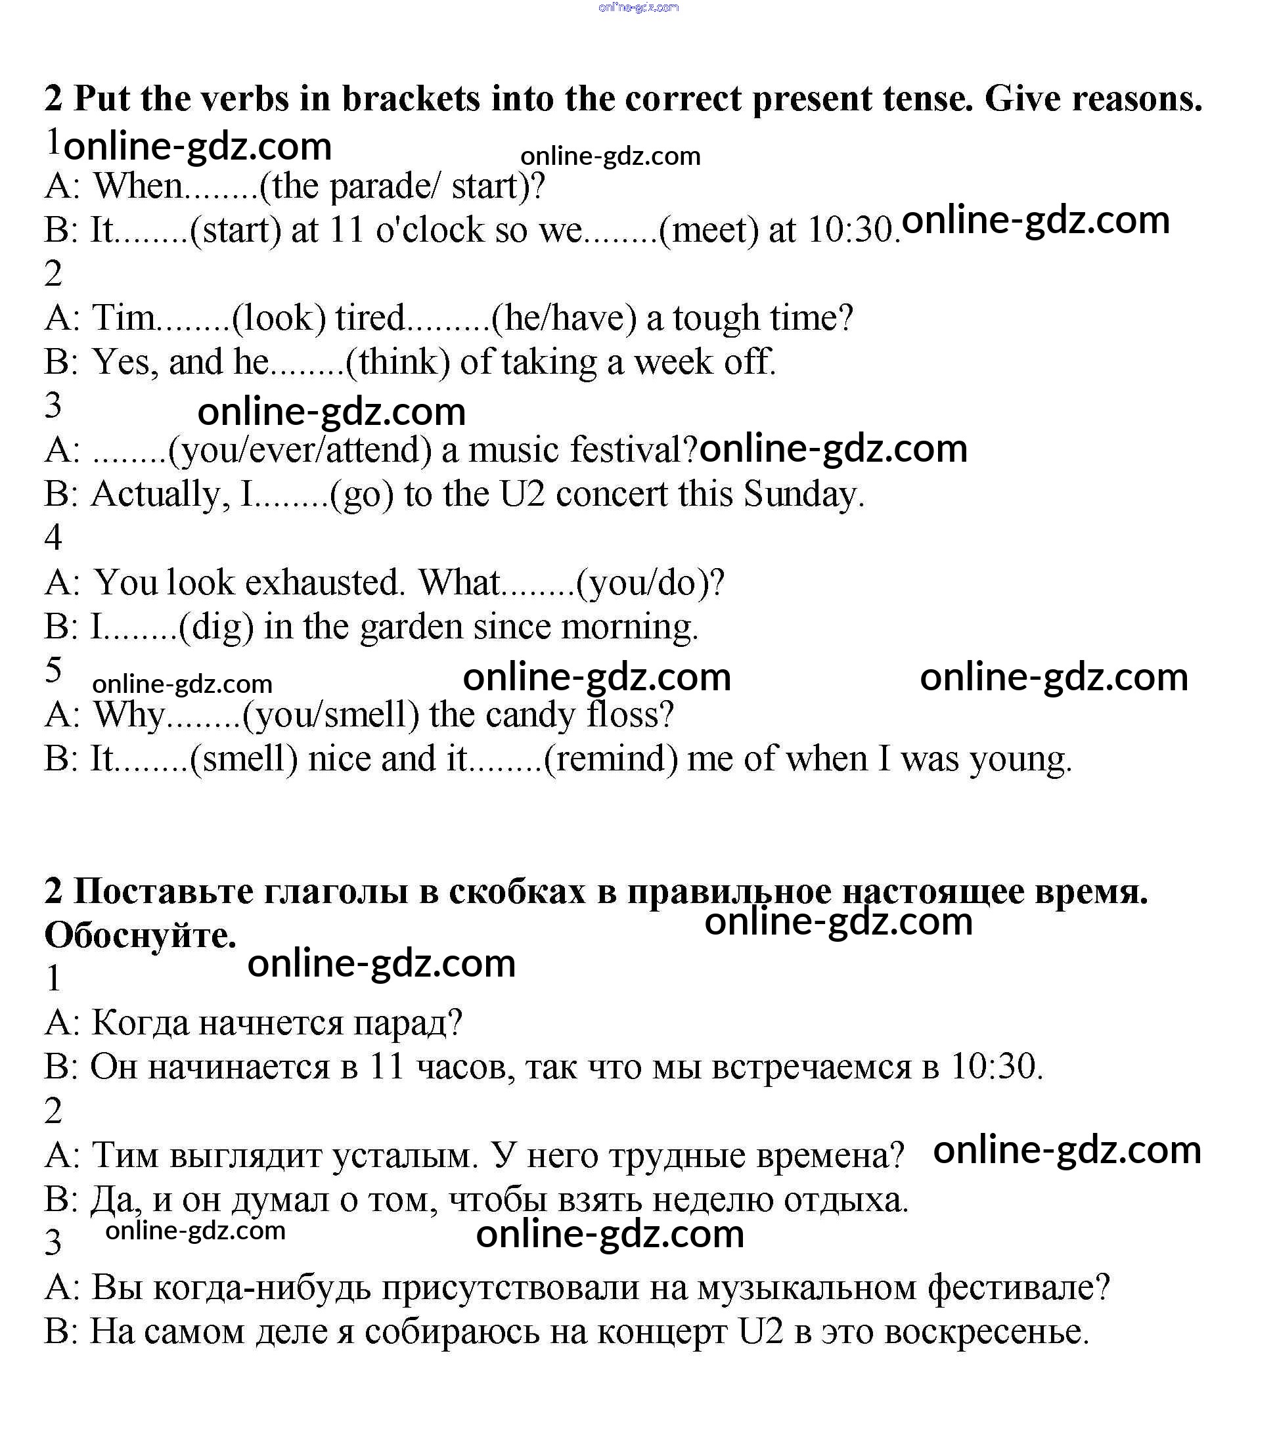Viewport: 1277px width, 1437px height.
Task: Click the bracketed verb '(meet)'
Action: (709, 230)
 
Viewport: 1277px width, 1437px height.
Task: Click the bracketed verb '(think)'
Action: (398, 362)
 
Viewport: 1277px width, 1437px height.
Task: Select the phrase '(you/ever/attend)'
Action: (300, 450)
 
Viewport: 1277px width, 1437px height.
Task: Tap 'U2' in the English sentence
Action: (522, 495)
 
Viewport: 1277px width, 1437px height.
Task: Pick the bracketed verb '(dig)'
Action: (217, 627)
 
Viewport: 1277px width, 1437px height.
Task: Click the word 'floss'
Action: (630, 715)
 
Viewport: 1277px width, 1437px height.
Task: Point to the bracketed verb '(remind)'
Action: (611, 759)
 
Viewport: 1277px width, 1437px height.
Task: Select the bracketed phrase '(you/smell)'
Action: (330, 715)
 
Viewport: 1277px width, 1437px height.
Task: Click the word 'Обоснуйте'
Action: (140, 936)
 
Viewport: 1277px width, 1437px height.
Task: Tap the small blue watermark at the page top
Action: (638, 8)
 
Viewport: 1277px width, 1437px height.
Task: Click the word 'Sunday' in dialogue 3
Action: (803, 495)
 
